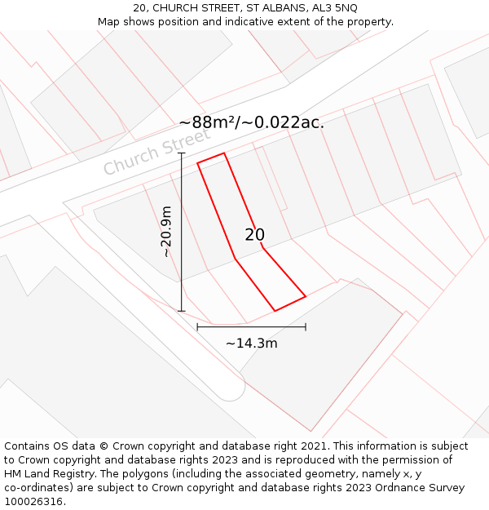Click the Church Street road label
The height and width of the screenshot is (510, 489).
tap(156, 153)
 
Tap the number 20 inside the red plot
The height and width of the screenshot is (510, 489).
tap(255, 235)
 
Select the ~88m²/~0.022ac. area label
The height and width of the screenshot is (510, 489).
tap(251, 122)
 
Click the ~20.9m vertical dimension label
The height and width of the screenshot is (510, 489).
tap(167, 232)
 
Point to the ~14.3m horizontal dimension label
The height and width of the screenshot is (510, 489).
tap(251, 344)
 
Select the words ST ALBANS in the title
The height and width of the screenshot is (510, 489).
tap(267, 8)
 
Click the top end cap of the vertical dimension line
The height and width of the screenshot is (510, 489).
tap(182, 153)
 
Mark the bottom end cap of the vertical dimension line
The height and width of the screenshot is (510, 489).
tap(182, 311)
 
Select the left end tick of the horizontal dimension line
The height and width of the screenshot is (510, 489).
tap(197, 327)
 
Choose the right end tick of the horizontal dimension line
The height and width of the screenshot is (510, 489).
tap(306, 327)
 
